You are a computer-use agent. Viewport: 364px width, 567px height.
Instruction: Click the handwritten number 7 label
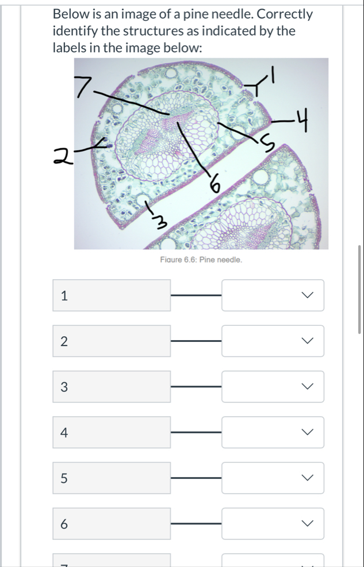(x=82, y=87)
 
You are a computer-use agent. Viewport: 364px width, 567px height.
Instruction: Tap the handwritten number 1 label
(x=273, y=74)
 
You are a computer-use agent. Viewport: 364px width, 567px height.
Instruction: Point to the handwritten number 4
(x=302, y=121)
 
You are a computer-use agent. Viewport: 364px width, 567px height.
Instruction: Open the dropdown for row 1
(x=273, y=295)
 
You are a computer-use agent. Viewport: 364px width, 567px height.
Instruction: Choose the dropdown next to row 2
(x=273, y=341)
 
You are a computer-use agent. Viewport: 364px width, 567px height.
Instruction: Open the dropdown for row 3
(x=273, y=387)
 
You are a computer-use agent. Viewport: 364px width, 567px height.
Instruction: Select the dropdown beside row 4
(x=273, y=432)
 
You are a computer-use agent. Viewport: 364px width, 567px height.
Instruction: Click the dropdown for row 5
(x=273, y=478)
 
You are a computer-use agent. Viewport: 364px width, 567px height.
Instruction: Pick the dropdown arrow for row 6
(x=307, y=523)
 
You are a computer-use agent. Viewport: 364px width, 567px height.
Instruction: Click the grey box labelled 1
(x=112, y=295)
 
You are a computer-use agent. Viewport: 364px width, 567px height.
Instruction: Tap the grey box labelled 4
(x=112, y=432)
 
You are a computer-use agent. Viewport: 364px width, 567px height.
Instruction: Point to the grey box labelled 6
(x=112, y=523)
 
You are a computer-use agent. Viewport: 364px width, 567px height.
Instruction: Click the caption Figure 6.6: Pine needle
(x=201, y=260)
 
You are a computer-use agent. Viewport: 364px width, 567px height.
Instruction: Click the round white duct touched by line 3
(x=143, y=199)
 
